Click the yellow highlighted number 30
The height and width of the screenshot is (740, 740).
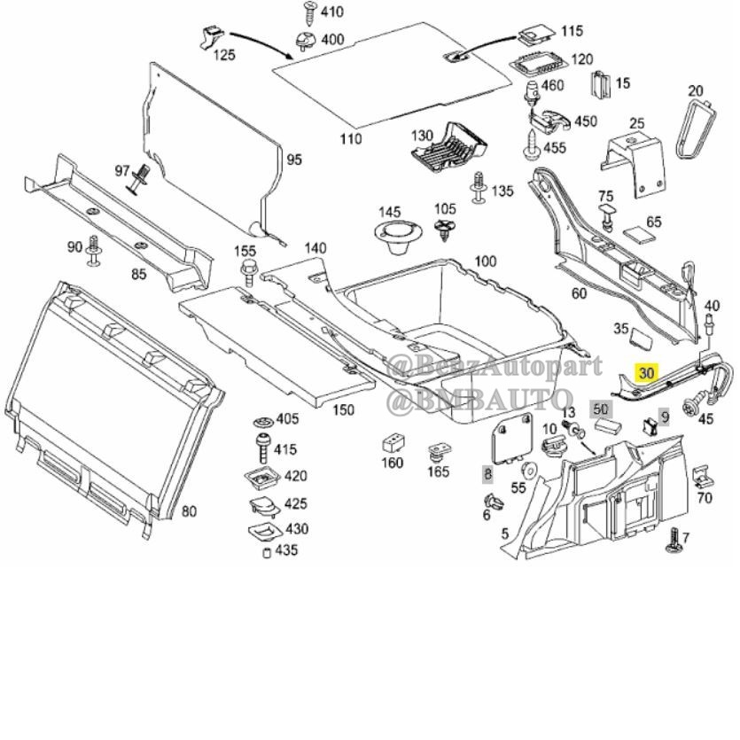coord(647,373)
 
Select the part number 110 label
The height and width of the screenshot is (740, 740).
coord(351,139)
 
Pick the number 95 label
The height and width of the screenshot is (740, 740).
coord(293,160)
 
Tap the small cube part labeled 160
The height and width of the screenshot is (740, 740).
coord(392,442)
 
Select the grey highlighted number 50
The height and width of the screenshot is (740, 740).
coord(602,409)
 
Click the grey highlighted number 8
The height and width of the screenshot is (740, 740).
coord(487,473)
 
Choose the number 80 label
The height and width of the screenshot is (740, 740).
coord(189,510)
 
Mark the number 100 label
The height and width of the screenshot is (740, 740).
coord(485,261)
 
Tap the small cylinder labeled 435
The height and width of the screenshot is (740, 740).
coord(264,554)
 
